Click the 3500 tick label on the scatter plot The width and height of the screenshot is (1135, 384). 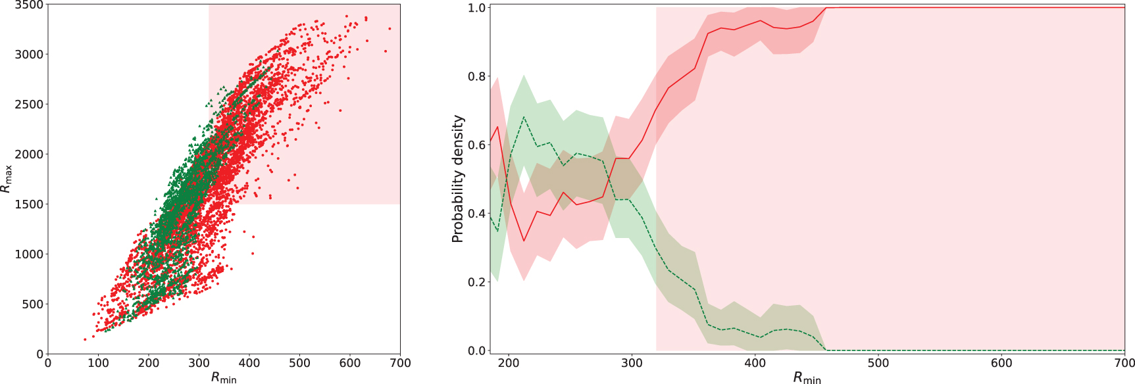click(29, 5)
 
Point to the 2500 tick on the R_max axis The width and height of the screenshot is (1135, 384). click(29, 105)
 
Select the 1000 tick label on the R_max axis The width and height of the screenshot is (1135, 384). click(29, 254)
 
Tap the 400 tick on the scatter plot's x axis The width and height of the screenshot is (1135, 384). click(249, 362)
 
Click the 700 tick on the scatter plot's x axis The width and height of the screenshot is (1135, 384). click(400, 362)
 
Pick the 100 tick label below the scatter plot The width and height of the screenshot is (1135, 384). click(98, 362)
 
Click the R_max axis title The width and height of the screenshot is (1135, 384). click(7, 179)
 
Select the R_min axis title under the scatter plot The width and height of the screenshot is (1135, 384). click(224, 377)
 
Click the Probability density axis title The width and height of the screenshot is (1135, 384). click(458, 179)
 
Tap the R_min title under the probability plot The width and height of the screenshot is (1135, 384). click(807, 377)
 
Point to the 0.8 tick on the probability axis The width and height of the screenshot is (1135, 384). click(477, 77)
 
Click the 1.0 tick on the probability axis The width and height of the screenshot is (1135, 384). click(477, 8)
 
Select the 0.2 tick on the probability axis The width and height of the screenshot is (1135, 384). click(477, 283)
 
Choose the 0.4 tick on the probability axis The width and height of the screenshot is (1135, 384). click(477, 214)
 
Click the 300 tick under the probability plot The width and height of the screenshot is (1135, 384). click(632, 363)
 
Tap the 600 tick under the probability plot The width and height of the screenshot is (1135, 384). click(1001, 363)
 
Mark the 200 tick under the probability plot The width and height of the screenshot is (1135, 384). click(509, 363)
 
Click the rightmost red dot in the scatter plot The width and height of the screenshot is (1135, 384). click(390, 28)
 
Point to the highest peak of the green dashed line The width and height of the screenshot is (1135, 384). click(524, 117)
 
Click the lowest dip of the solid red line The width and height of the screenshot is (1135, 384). click(524, 241)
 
